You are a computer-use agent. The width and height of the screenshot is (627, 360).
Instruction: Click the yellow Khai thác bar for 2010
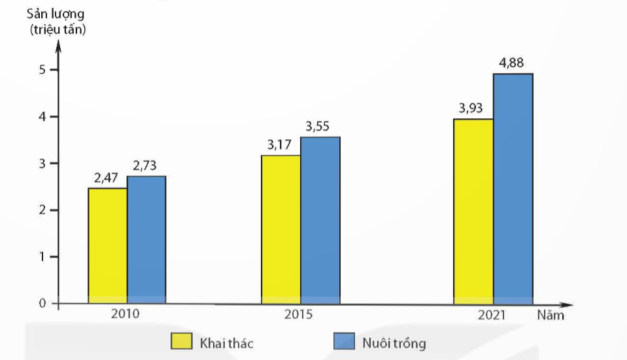(108, 246)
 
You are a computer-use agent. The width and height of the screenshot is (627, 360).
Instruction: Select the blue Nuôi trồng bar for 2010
(146, 240)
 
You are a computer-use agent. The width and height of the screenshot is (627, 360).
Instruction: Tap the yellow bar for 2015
(281, 229)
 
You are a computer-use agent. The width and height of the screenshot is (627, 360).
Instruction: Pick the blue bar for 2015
(320, 220)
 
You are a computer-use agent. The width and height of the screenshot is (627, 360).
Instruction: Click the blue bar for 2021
(513, 188)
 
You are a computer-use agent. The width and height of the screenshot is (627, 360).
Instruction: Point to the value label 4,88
(512, 63)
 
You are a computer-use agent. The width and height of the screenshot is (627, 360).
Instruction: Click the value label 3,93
(471, 108)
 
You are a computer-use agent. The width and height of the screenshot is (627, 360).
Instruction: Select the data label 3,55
(319, 127)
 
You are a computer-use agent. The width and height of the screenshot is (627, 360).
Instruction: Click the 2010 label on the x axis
(125, 314)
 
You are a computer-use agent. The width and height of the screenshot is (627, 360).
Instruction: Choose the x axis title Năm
(551, 315)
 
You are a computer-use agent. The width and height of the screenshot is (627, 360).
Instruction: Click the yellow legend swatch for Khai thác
(181, 342)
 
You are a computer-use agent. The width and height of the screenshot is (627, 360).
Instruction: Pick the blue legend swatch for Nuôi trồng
(343, 342)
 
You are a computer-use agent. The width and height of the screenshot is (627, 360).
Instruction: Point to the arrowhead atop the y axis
(58, 46)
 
